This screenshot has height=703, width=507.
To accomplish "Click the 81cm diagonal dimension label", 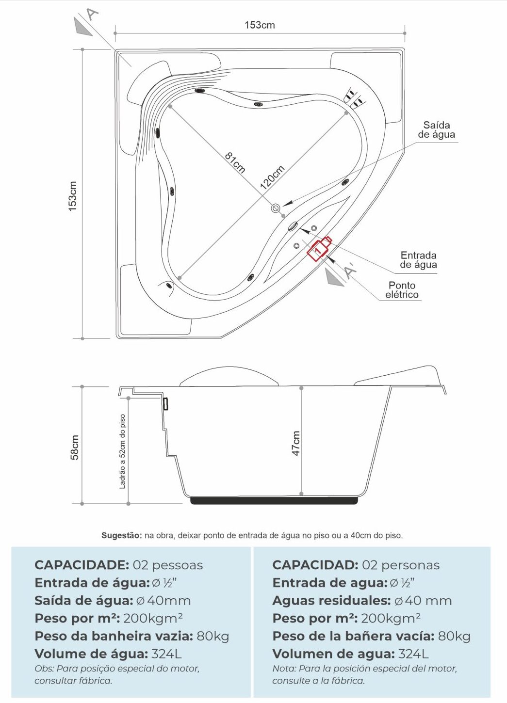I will pos(235,162).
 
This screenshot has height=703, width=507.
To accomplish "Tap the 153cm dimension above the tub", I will pos(260,25).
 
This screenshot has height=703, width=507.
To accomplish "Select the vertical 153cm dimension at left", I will pos(72,196).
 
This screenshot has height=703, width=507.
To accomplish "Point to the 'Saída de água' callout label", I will pos(437,130).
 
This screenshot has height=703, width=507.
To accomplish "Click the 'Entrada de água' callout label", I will pos(418,260).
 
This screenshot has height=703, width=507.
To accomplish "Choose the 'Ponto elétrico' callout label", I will pos(402,290).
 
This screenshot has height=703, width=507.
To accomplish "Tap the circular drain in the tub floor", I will pos(276,208).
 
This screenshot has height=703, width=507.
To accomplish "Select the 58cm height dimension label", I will pos(74,447).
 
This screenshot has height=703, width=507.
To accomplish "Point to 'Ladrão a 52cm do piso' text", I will pos(122,451).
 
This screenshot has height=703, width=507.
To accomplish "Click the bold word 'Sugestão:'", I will pos(121,536).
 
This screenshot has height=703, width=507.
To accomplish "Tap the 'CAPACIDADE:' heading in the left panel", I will pos(82,565).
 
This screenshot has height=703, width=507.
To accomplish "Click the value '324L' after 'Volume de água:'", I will pos(166,654).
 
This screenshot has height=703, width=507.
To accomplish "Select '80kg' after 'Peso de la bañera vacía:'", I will pos(454,636).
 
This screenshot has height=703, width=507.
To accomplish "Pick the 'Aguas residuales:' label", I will pos(331,601).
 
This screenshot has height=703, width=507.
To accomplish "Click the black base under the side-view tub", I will pos(274,500).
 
